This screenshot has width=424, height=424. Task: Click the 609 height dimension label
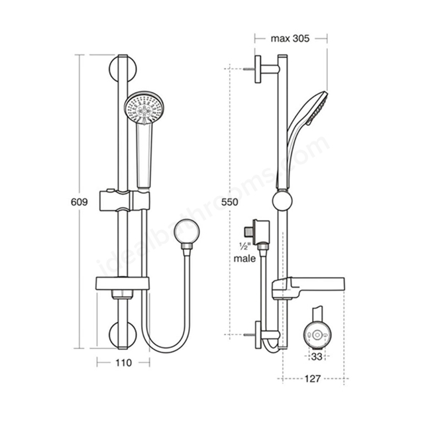click(x=79, y=202)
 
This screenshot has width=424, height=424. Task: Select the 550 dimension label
click(x=230, y=202)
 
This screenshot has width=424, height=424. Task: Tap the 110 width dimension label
click(x=124, y=363)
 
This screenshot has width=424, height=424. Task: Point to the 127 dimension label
click(x=313, y=378)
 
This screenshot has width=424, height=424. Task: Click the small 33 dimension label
click(x=317, y=356)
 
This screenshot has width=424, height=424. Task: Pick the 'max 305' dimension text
click(x=290, y=38)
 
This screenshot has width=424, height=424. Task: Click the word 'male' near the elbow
click(x=244, y=258)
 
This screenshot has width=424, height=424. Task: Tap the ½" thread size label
click(x=244, y=246)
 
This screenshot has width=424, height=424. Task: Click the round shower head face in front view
click(x=144, y=108)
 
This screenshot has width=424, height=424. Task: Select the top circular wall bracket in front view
click(x=123, y=69)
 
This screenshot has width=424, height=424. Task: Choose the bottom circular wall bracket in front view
click(x=123, y=335)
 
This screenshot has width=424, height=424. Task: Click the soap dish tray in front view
click(x=123, y=284)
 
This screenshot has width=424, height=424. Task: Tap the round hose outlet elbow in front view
click(x=187, y=231)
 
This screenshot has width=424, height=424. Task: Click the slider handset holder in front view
click(x=125, y=200)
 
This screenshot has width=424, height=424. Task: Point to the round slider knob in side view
click(x=282, y=201)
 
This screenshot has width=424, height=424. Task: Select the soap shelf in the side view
click(x=308, y=288)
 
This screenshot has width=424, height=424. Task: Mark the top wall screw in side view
click(x=249, y=69)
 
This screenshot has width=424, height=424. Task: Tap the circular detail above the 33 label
click(x=317, y=335)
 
